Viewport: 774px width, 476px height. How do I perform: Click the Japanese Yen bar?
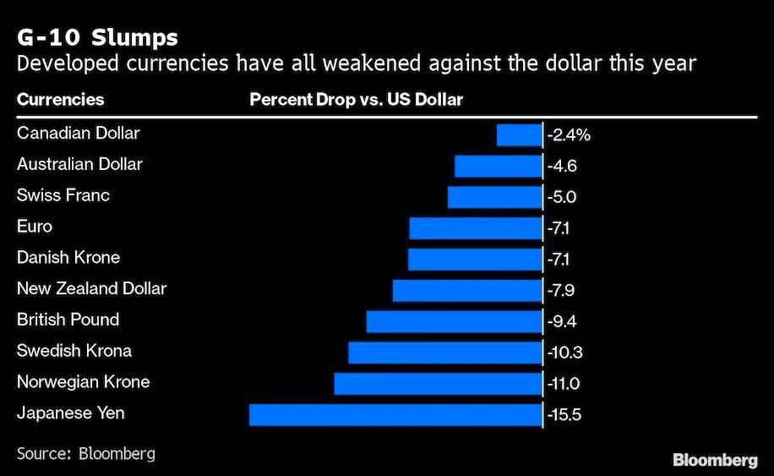pyautogui.click(x=395, y=414)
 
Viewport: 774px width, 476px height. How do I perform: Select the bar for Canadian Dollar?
pyautogui.click(x=519, y=134)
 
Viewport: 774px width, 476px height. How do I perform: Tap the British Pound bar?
pyautogui.click(x=454, y=321)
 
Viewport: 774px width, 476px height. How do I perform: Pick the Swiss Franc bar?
pyautogui.click(x=494, y=197)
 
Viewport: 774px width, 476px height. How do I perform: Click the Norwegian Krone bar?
pyautogui.click(x=438, y=383)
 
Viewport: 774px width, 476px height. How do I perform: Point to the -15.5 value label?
pyautogui.click(x=564, y=415)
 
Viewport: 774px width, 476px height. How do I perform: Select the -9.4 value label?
pyautogui.click(x=562, y=322)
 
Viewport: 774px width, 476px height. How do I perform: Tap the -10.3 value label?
pyautogui.click(x=564, y=353)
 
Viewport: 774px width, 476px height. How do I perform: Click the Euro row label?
pyautogui.click(x=35, y=227)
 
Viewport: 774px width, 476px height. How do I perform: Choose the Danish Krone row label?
pyautogui.click(x=68, y=257)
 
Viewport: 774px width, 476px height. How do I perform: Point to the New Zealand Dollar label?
pyautogui.click(x=91, y=288)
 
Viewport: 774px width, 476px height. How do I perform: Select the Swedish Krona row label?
pyautogui.click(x=74, y=351)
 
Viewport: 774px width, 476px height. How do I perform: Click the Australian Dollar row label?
pyautogui.click(x=79, y=164)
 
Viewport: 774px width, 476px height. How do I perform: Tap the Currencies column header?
pyautogui.click(x=60, y=100)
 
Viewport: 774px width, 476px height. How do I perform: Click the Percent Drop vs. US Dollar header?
pyautogui.click(x=356, y=100)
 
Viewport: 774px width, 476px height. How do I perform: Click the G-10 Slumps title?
pyautogui.click(x=97, y=38)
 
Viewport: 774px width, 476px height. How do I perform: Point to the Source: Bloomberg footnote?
pyautogui.click(x=85, y=453)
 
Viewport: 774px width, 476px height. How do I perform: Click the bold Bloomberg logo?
pyautogui.click(x=715, y=459)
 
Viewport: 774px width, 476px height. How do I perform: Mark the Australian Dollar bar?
pyautogui.click(x=498, y=166)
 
